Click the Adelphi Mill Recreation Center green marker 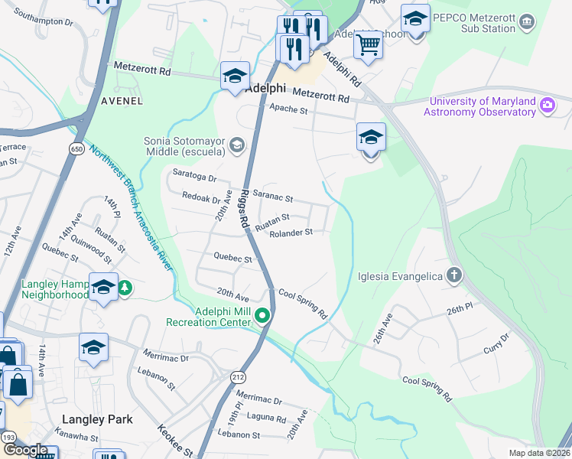point(262,315)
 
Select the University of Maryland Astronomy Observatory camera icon point(548,106)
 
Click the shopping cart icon point(369,45)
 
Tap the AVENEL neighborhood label point(122,100)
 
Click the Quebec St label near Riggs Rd point(233,259)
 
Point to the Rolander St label point(291,233)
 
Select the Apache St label point(288,110)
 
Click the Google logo point(24,450)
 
